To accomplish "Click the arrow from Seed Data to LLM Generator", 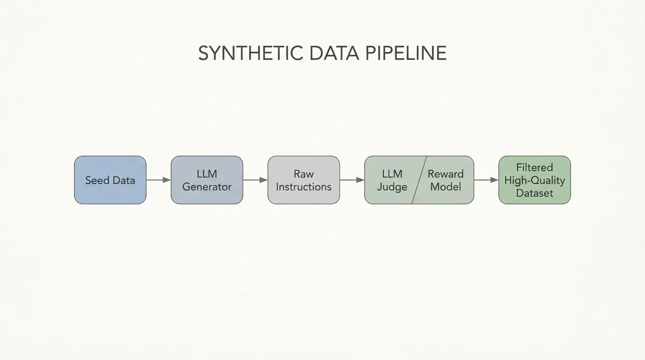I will [158, 180].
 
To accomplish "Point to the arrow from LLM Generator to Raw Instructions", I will [255, 180].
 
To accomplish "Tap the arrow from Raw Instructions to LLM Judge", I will [352, 180].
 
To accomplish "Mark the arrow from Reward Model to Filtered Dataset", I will [486, 180].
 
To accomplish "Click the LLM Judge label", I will [392, 180].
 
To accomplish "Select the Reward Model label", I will [445, 180].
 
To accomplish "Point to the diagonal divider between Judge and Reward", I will [419, 180].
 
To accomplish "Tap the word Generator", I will [207, 187].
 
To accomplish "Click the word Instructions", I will [303, 187].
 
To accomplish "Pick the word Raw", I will [303, 174].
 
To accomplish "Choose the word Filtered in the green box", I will [534, 167].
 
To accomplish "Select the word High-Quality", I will [534, 180].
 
